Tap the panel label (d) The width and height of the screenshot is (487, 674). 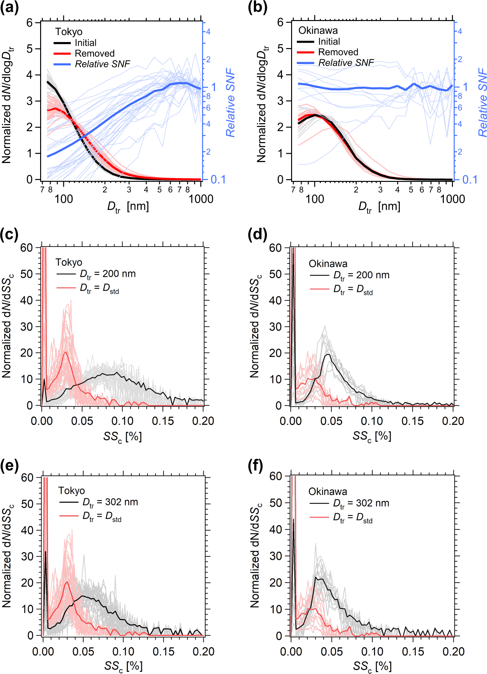point(257,235)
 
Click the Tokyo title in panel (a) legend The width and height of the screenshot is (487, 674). point(69,32)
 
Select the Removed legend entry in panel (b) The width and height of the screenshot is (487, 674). point(338,52)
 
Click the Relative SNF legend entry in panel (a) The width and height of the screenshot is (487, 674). point(102,64)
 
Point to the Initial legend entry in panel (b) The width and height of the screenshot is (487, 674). point(329,42)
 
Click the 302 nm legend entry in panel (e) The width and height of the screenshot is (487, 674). point(110,502)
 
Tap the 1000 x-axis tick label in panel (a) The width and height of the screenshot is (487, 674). point(201,199)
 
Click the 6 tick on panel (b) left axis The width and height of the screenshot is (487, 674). point(280,22)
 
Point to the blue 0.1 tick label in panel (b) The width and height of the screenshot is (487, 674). point(469,180)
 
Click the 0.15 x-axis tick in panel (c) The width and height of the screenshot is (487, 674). point(163,421)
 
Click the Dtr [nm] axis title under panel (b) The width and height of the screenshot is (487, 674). point(379,207)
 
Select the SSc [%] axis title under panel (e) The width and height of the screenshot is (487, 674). point(123,666)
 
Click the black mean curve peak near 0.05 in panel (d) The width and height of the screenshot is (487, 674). point(327,355)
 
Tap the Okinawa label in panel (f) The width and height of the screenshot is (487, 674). point(328,491)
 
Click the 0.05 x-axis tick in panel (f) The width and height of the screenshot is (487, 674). point(332,651)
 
